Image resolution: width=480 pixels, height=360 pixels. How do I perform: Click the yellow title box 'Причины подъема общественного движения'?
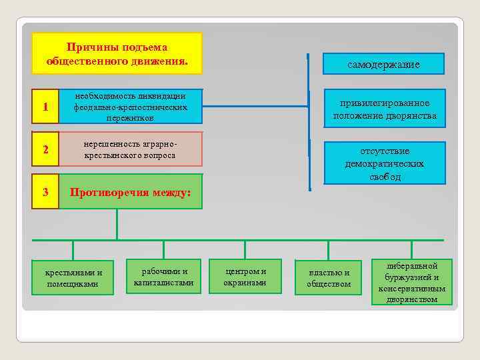[x=117, y=53]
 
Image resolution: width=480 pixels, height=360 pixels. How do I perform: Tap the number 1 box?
[x=45, y=107]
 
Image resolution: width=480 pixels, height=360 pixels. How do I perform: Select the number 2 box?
[x=45, y=149]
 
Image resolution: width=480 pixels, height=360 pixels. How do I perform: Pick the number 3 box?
[x=45, y=192]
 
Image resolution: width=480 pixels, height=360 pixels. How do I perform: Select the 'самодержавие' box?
[x=383, y=64]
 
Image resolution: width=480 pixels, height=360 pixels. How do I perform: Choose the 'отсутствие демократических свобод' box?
[x=385, y=163]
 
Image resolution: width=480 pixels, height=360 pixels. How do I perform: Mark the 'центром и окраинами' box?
[x=245, y=277]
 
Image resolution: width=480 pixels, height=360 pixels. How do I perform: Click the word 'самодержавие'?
[x=383, y=65]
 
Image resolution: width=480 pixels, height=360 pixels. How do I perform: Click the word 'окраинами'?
[x=245, y=283]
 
